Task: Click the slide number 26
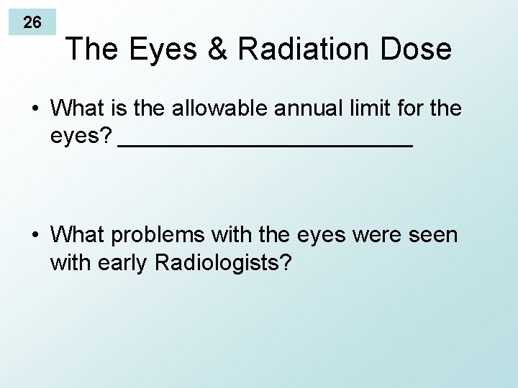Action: click(32, 22)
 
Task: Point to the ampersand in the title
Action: click(216, 49)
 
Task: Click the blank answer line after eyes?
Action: click(264, 144)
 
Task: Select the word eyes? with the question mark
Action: click(81, 137)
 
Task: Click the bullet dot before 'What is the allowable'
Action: click(35, 109)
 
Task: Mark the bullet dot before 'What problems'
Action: click(35, 236)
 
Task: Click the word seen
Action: click(434, 236)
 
